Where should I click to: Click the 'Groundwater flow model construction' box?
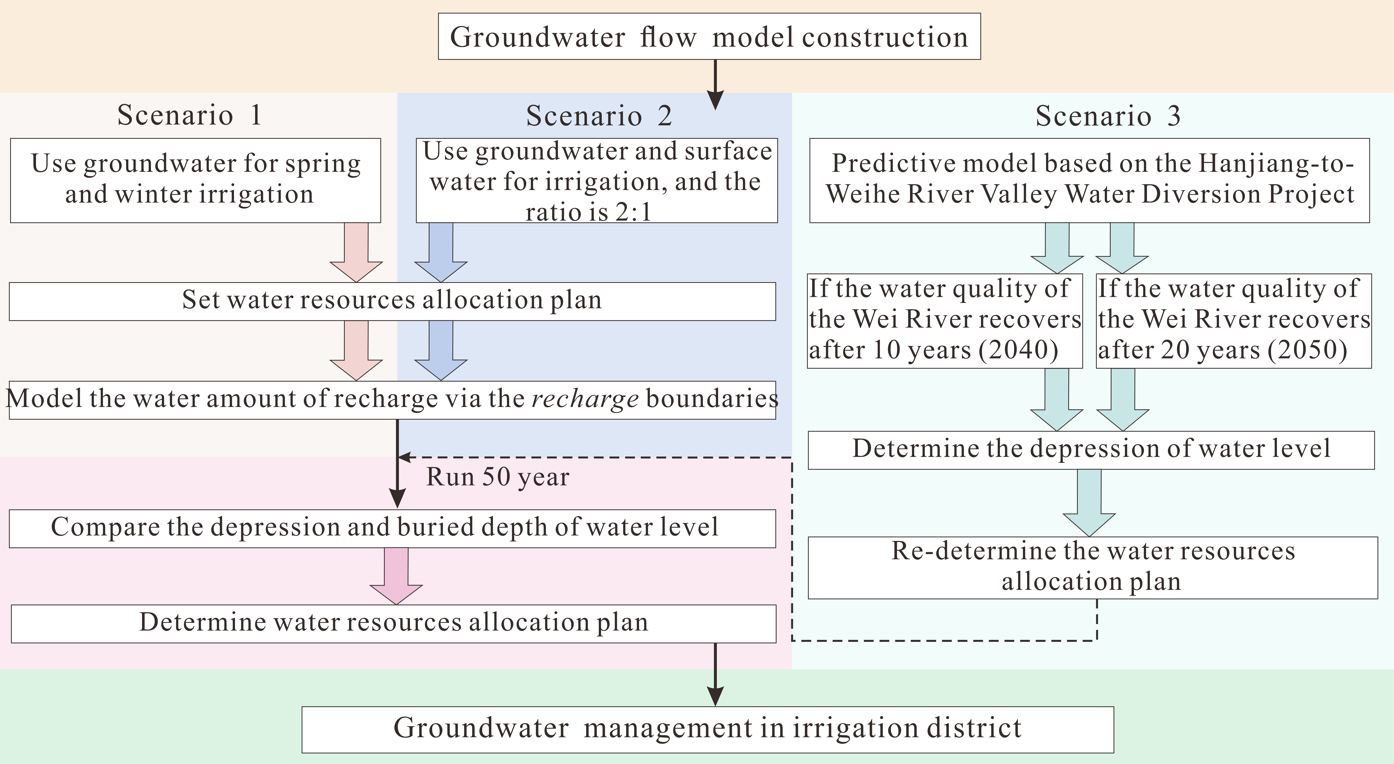tap(709, 37)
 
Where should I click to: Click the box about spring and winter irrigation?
tap(195, 180)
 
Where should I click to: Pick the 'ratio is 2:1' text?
tap(588, 212)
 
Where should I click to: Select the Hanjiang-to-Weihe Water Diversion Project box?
tap(1089, 180)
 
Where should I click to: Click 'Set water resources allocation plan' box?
tap(392, 301)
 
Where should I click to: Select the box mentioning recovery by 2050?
tap(1233, 320)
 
